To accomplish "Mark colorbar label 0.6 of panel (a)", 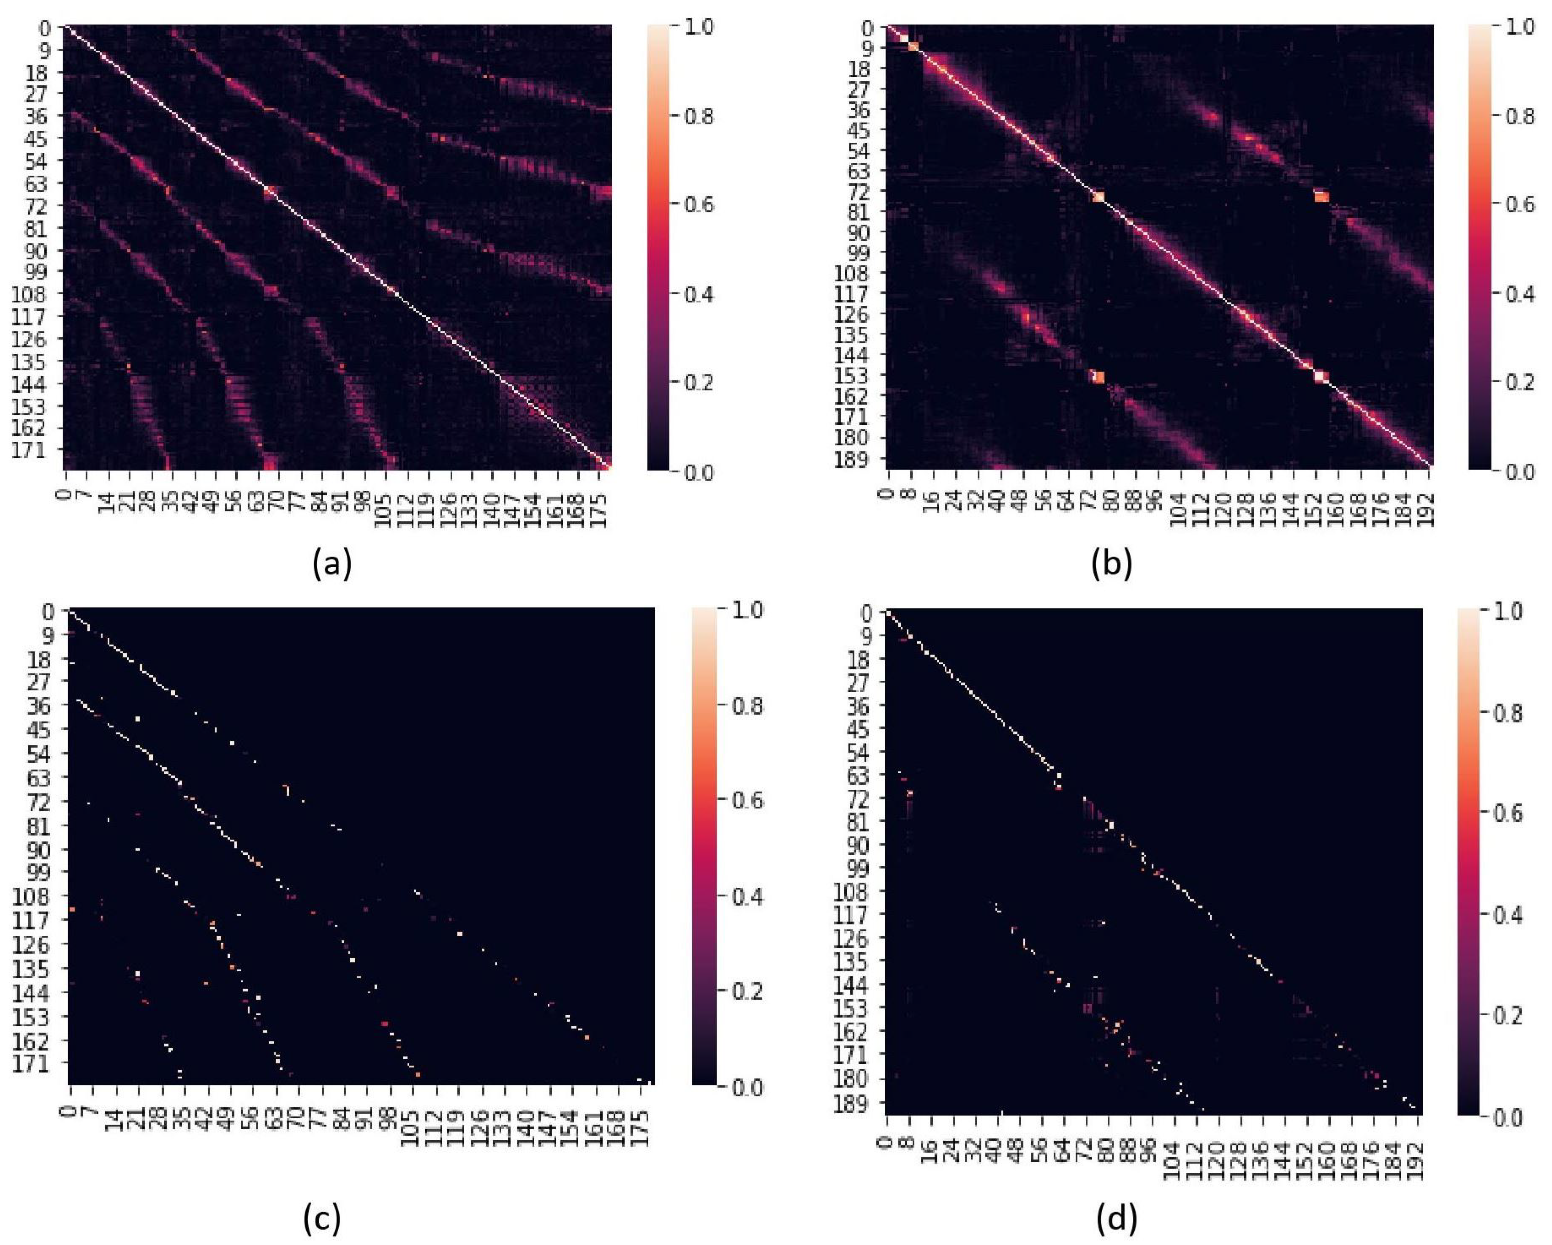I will [696, 204].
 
